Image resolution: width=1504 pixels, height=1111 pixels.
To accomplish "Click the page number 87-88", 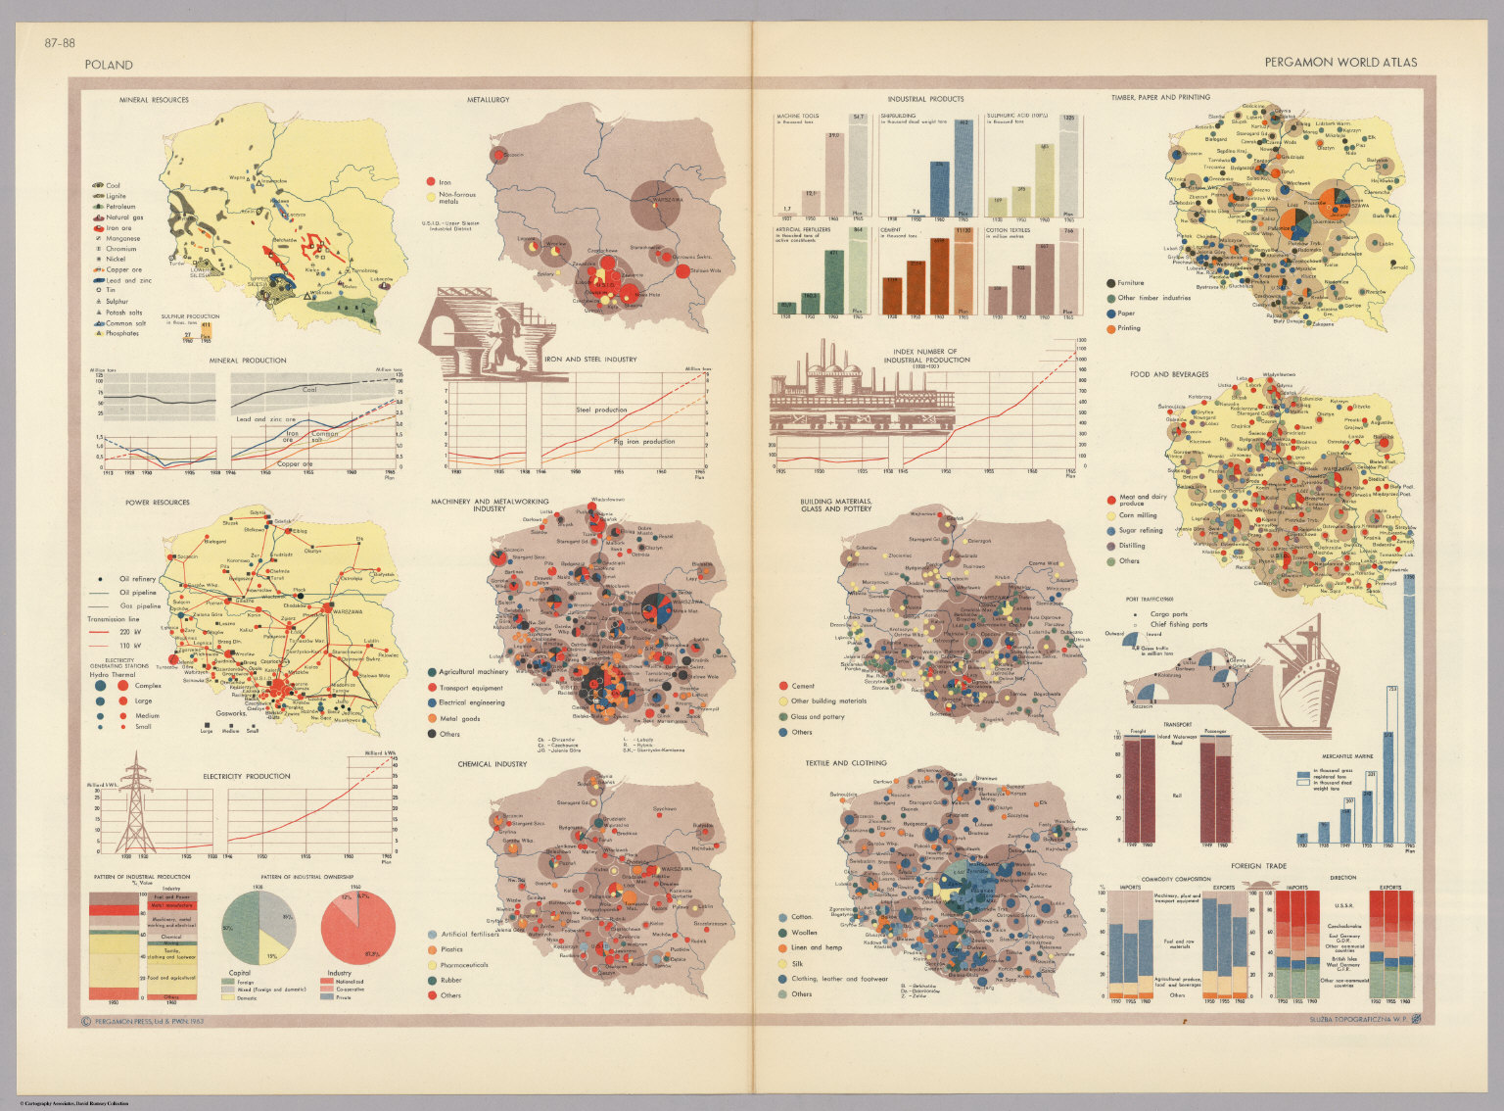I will coord(59,42).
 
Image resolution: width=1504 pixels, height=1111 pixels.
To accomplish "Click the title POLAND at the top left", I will coord(109,65).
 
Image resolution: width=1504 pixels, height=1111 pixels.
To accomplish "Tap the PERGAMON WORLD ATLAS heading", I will coord(1339,62).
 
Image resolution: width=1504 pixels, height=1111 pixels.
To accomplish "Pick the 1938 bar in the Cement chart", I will coord(892,295).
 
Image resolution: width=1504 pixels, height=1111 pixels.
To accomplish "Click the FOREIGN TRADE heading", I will coord(1258,866).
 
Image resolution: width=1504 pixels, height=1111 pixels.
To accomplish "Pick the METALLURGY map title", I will coord(488,100).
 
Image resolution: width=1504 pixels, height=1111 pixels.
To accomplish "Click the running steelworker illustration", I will coord(503,338).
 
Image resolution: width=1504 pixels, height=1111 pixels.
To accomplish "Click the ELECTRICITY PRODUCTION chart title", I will coord(247,776).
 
